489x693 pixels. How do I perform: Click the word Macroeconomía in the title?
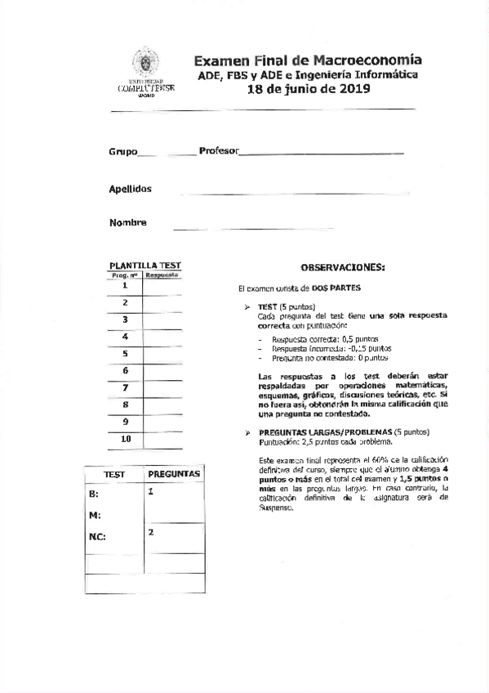pos(378,60)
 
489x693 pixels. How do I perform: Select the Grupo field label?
pos(123,153)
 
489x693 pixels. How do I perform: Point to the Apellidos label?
pos(131,189)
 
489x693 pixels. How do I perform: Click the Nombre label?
pos(127,223)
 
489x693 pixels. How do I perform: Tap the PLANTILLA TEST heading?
pos(145,266)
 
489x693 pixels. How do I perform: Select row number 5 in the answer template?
pos(125,354)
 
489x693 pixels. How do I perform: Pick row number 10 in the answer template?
pos(125,439)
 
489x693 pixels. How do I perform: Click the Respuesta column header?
pos(162,275)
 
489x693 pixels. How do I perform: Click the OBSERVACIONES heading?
pos(342,267)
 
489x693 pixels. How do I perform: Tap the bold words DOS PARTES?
pos(336,288)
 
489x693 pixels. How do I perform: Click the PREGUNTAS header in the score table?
pos(174,474)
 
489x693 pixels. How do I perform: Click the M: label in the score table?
pos(94,516)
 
